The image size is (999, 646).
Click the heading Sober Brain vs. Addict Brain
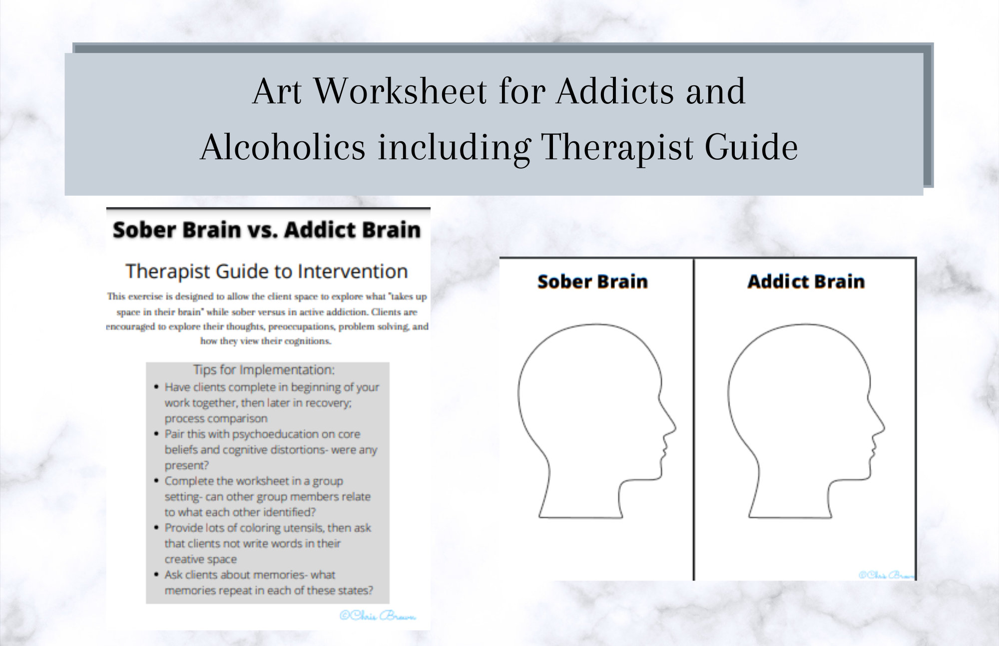[267, 230]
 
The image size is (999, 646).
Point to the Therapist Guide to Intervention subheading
[267, 272]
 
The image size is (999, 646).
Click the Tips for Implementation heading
[264, 370]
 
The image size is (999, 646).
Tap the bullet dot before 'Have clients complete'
[157, 387]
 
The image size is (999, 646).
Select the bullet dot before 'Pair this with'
[157, 434]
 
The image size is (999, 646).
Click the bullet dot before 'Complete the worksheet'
[157, 481]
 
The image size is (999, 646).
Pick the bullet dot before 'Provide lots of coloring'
[157, 528]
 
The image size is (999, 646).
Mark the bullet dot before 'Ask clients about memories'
[157, 575]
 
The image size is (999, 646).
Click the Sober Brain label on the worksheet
[592, 282]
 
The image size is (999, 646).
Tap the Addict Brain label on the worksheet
[806, 282]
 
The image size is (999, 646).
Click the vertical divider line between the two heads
[694, 419]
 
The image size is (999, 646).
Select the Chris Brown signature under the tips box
[378, 616]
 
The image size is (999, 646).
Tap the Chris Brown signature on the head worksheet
[887, 575]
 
